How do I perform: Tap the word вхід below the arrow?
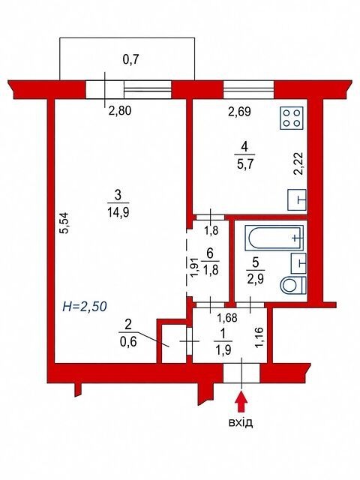[241, 422]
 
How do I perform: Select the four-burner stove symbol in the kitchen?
[292, 118]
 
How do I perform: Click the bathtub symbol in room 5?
[274, 238]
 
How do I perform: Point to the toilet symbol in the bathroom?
[293, 285]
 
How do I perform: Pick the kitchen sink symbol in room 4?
[297, 200]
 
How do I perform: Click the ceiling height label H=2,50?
[85, 306]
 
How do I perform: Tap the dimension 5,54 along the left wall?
[65, 223]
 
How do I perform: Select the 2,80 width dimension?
[120, 110]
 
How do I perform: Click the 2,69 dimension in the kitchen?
[240, 112]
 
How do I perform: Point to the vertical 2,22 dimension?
[298, 163]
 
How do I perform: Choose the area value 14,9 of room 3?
[118, 211]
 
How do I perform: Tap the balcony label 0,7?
[130, 60]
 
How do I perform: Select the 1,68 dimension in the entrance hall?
[226, 318]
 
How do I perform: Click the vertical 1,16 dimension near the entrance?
[260, 337]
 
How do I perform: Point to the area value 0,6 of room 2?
[128, 341]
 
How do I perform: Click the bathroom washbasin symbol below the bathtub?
[298, 263]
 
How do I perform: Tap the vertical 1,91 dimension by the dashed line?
[196, 267]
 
